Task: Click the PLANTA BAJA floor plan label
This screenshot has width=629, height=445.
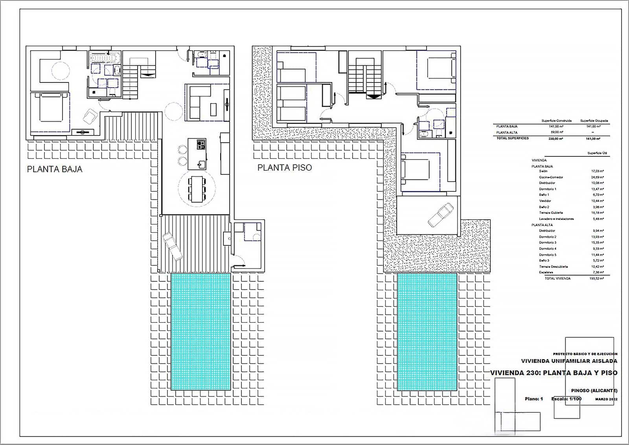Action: (x=55, y=169)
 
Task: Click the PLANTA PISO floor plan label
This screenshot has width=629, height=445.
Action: (x=285, y=168)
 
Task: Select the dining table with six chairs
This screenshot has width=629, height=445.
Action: (x=197, y=189)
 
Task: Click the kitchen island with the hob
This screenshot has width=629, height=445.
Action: (x=197, y=153)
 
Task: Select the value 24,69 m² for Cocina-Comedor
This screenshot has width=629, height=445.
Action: (x=598, y=177)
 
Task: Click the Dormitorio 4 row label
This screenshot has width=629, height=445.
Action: (x=548, y=249)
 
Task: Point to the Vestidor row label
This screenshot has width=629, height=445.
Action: (x=545, y=201)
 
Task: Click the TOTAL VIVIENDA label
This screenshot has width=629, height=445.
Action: (x=557, y=278)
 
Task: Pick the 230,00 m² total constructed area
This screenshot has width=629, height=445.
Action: (x=556, y=139)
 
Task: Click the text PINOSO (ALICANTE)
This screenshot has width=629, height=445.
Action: (x=594, y=391)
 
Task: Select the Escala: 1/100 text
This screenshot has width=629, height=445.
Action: (x=566, y=399)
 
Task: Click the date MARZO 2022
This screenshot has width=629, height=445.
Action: (x=606, y=399)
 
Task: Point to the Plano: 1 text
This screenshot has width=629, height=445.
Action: (x=533, y=399)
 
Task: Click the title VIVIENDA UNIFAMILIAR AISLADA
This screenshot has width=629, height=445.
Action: (x=569, y=361)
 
